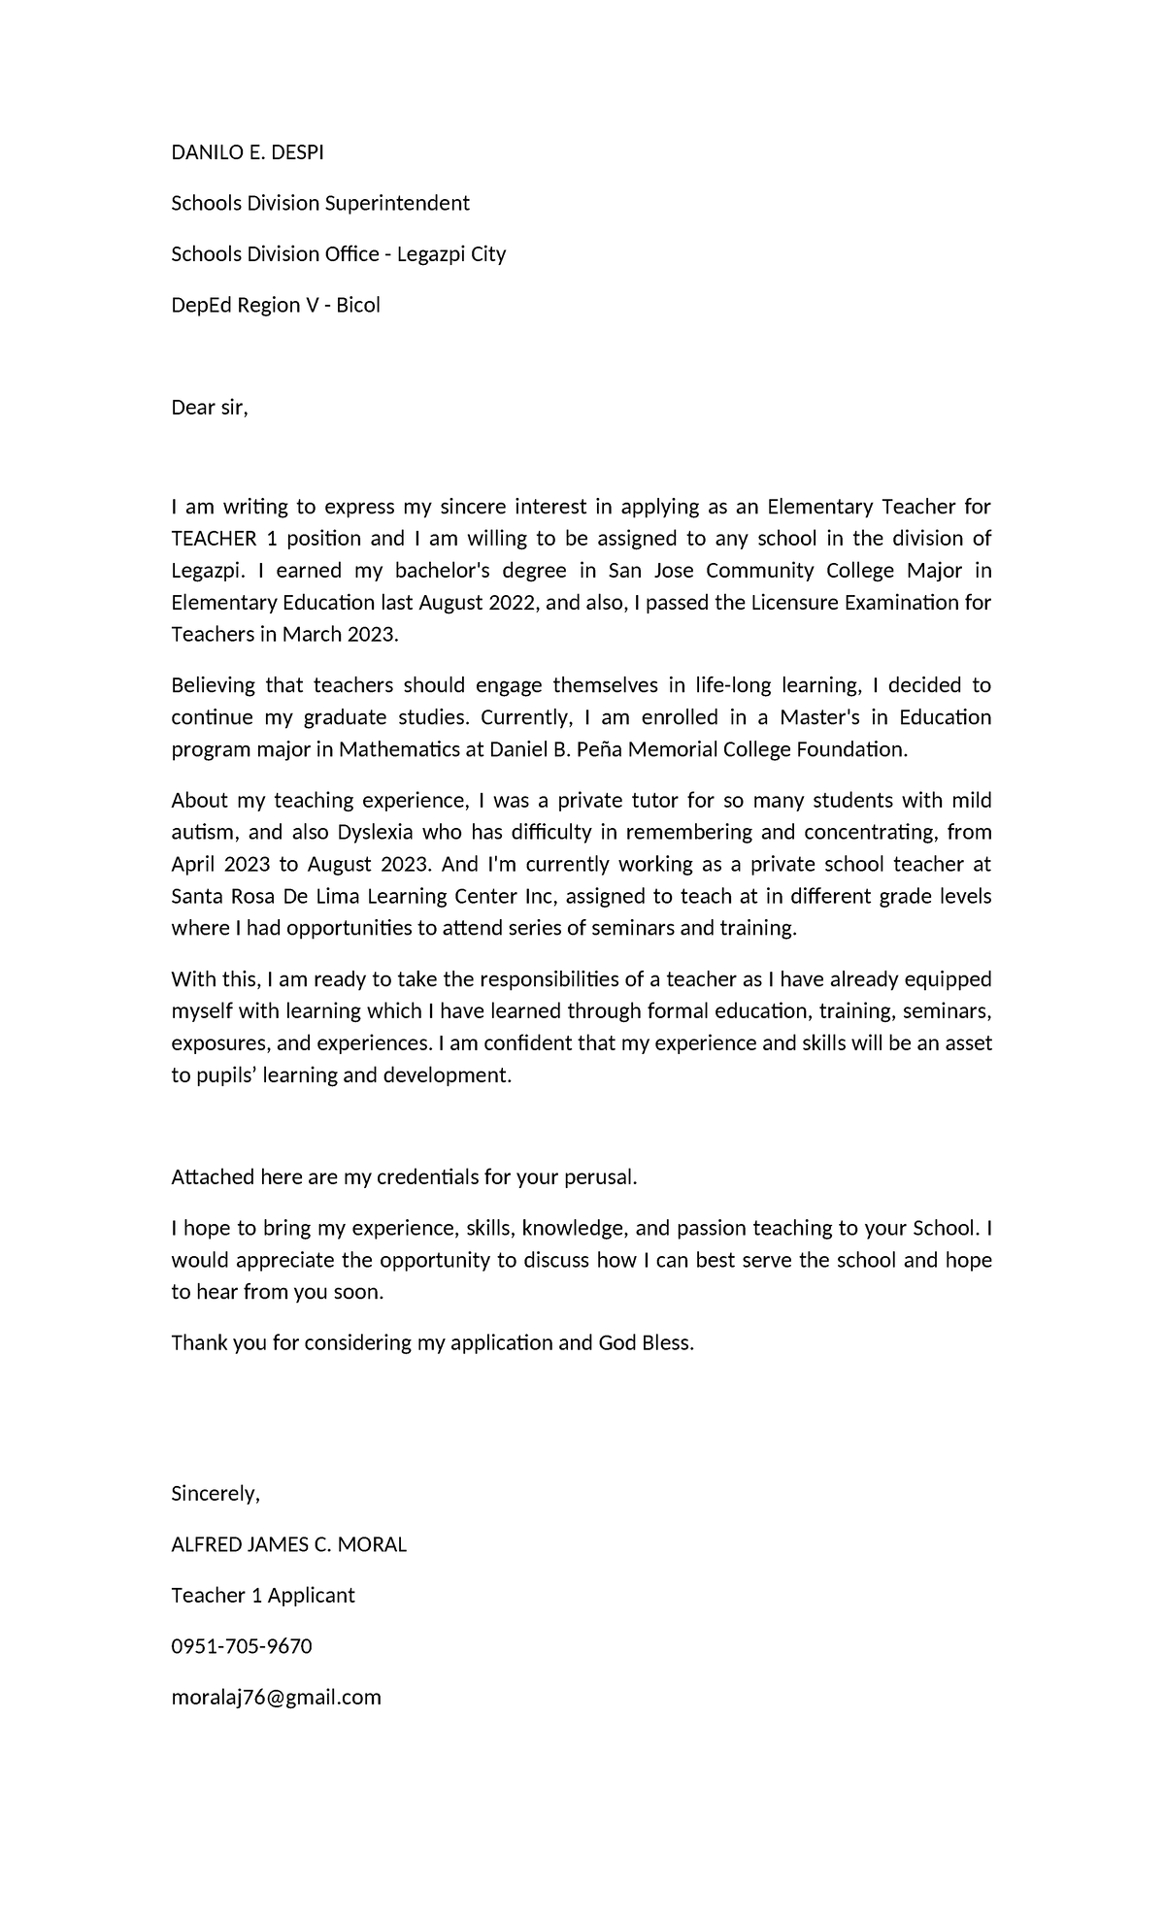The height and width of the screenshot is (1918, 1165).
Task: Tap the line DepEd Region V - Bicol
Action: [276, 305]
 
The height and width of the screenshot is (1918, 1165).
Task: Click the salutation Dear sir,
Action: [210, 408]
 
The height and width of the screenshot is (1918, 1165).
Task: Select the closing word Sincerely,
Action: [216, 1494]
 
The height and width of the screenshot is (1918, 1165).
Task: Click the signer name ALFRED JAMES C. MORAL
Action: [288, 1544]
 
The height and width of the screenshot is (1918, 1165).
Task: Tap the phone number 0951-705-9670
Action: [242, 1646]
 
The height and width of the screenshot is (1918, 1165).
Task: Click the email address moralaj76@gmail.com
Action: [276, 1698]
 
